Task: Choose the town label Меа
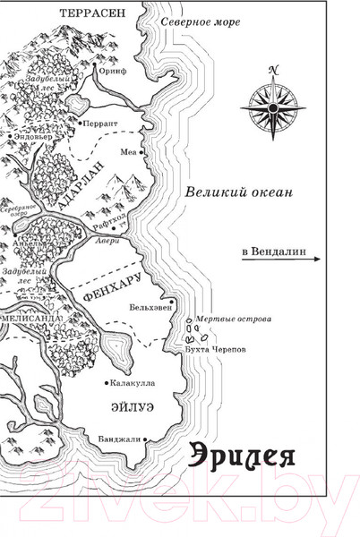(127, 151)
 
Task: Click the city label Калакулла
(131, 382)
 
